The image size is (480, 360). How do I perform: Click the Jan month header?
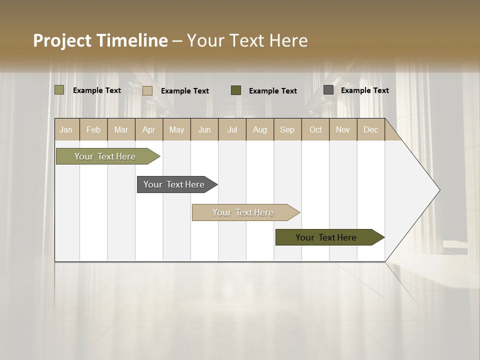pyautogui.click(x=66, y=129)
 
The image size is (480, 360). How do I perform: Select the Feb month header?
pyautogui.click(x=93, y=129)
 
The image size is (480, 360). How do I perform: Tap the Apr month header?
pyautogui.click(x=149, y=129)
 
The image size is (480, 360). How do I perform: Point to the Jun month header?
pyautogui.click(x=204, y=129)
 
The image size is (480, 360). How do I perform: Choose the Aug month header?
pyautogui.click(x=260, y=129)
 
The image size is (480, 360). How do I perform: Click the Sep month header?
pyautogui.click(x=287, y=129)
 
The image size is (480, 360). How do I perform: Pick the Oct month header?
pyautogui.click(x=315, y=129)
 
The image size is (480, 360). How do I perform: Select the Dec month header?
pyautogui.click(x=371, y=129)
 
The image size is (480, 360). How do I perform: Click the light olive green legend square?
pyautogui.click(x=59, y=90)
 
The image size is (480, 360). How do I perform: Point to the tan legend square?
pyautogui.click(x=147, y=90)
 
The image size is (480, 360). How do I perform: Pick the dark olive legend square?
pyautogui.click(x=236, y=90)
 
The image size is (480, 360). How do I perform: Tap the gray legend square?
pyautogui.click(x=328, y=90)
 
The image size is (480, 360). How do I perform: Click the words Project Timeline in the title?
pyautogui.click(x=100, y=40)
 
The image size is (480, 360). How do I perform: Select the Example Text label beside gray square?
pyautogui.click(x=365, y=90)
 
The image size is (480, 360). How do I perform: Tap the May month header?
pyautogui.click(x=176, y=129)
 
